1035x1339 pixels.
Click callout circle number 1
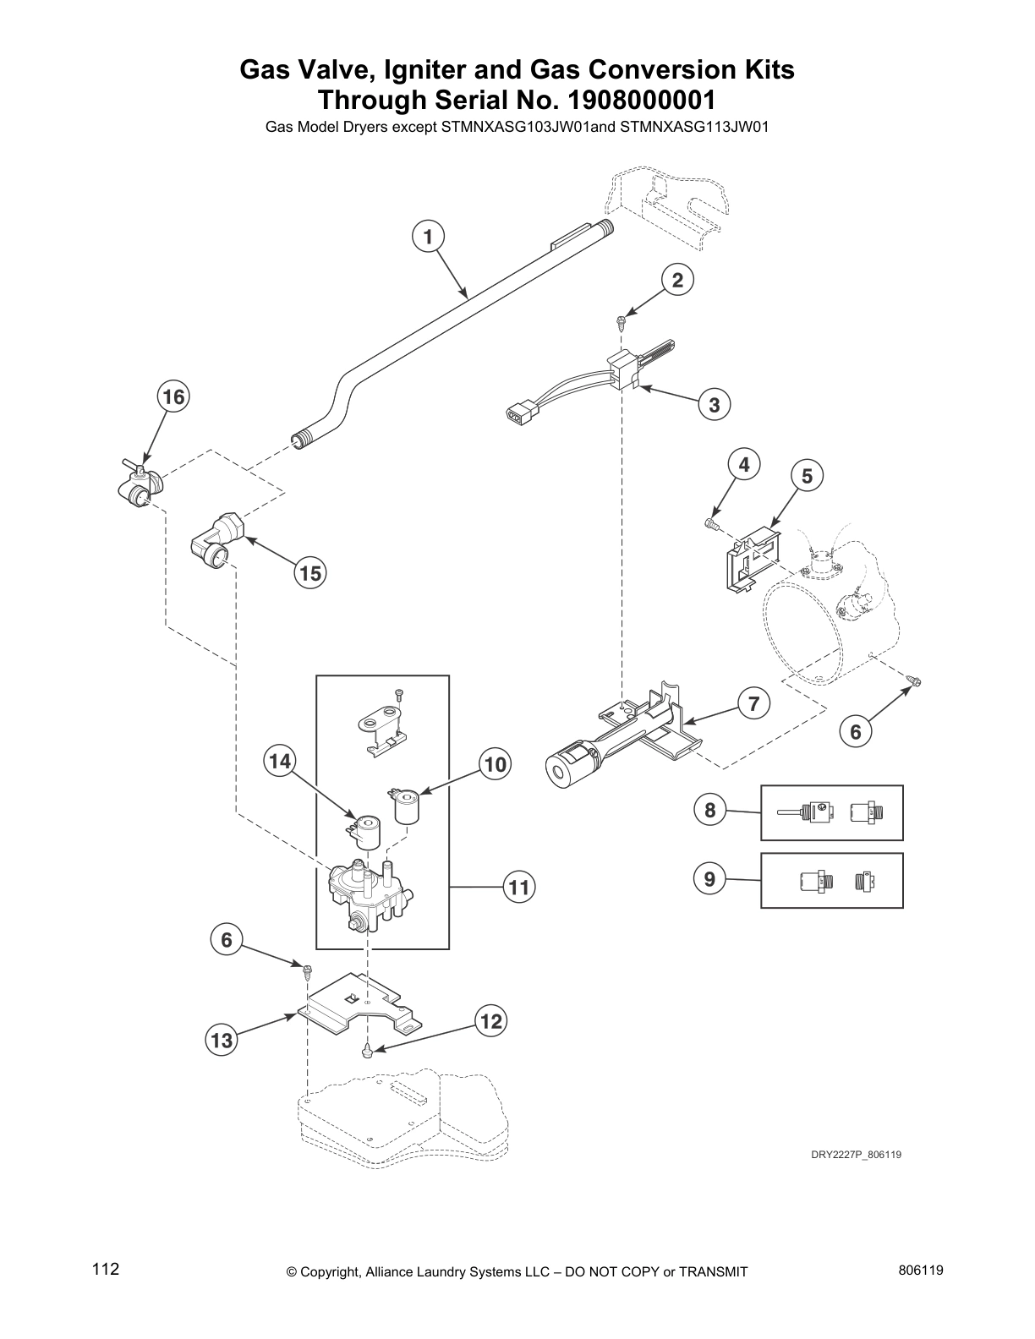[x=429, y=237]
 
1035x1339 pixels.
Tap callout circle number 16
[x=172, y=396]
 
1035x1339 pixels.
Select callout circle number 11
[x=518, y=887]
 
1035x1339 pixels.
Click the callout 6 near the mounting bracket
[x=227, y=939]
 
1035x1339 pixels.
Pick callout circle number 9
[x=709, y=879]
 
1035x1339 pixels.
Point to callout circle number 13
[x=222, y=1041]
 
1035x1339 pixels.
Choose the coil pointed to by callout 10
[x=408, y=806]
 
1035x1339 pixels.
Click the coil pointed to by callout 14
[x=368, y=829]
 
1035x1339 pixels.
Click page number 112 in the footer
[x=106, y=1270]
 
